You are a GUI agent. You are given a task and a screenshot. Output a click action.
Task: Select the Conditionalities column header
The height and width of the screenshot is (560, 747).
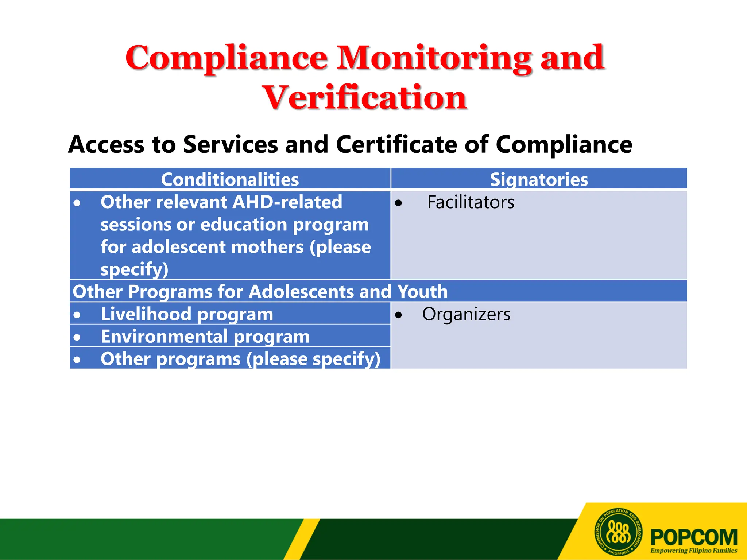tap(230, 179)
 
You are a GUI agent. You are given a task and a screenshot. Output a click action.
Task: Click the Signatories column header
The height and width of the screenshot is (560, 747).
tap(539, 179)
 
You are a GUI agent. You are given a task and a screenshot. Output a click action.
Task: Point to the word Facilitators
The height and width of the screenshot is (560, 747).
tap(471, 202)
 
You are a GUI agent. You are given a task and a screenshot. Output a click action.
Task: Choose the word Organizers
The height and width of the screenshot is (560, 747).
tap(466, 314)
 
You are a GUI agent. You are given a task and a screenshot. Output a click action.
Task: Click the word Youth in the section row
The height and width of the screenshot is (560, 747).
tap(422, 292)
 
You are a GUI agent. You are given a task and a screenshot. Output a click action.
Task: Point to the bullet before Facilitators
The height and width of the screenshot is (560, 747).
tap(399, 203)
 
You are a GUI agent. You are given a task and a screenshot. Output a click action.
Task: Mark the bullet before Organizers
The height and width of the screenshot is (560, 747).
tap(399, 315)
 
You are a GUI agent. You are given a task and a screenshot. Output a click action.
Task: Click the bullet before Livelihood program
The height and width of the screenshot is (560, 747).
tap(77, 315)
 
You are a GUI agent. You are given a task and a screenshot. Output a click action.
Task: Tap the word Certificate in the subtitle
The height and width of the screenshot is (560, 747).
tap(396, 145)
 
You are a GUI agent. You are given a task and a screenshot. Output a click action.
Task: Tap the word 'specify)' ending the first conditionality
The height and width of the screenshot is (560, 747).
tap(134, 269)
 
